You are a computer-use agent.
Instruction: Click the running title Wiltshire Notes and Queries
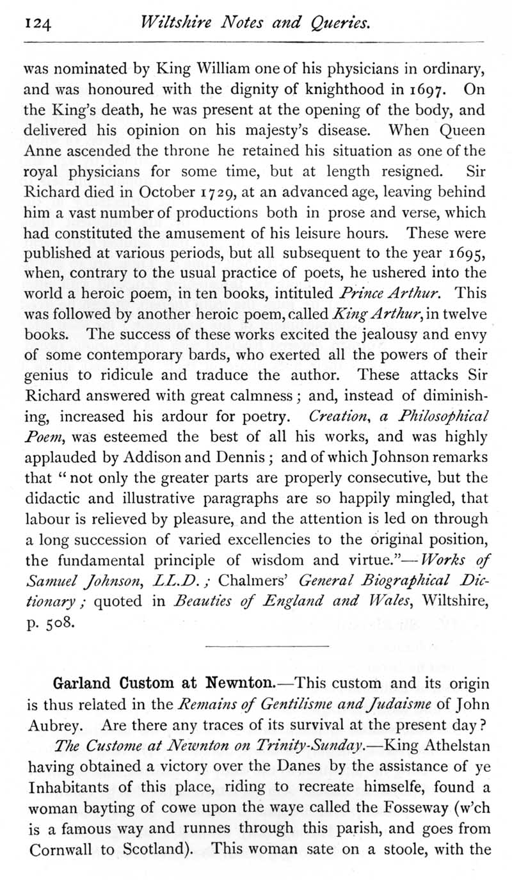point(255,24)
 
